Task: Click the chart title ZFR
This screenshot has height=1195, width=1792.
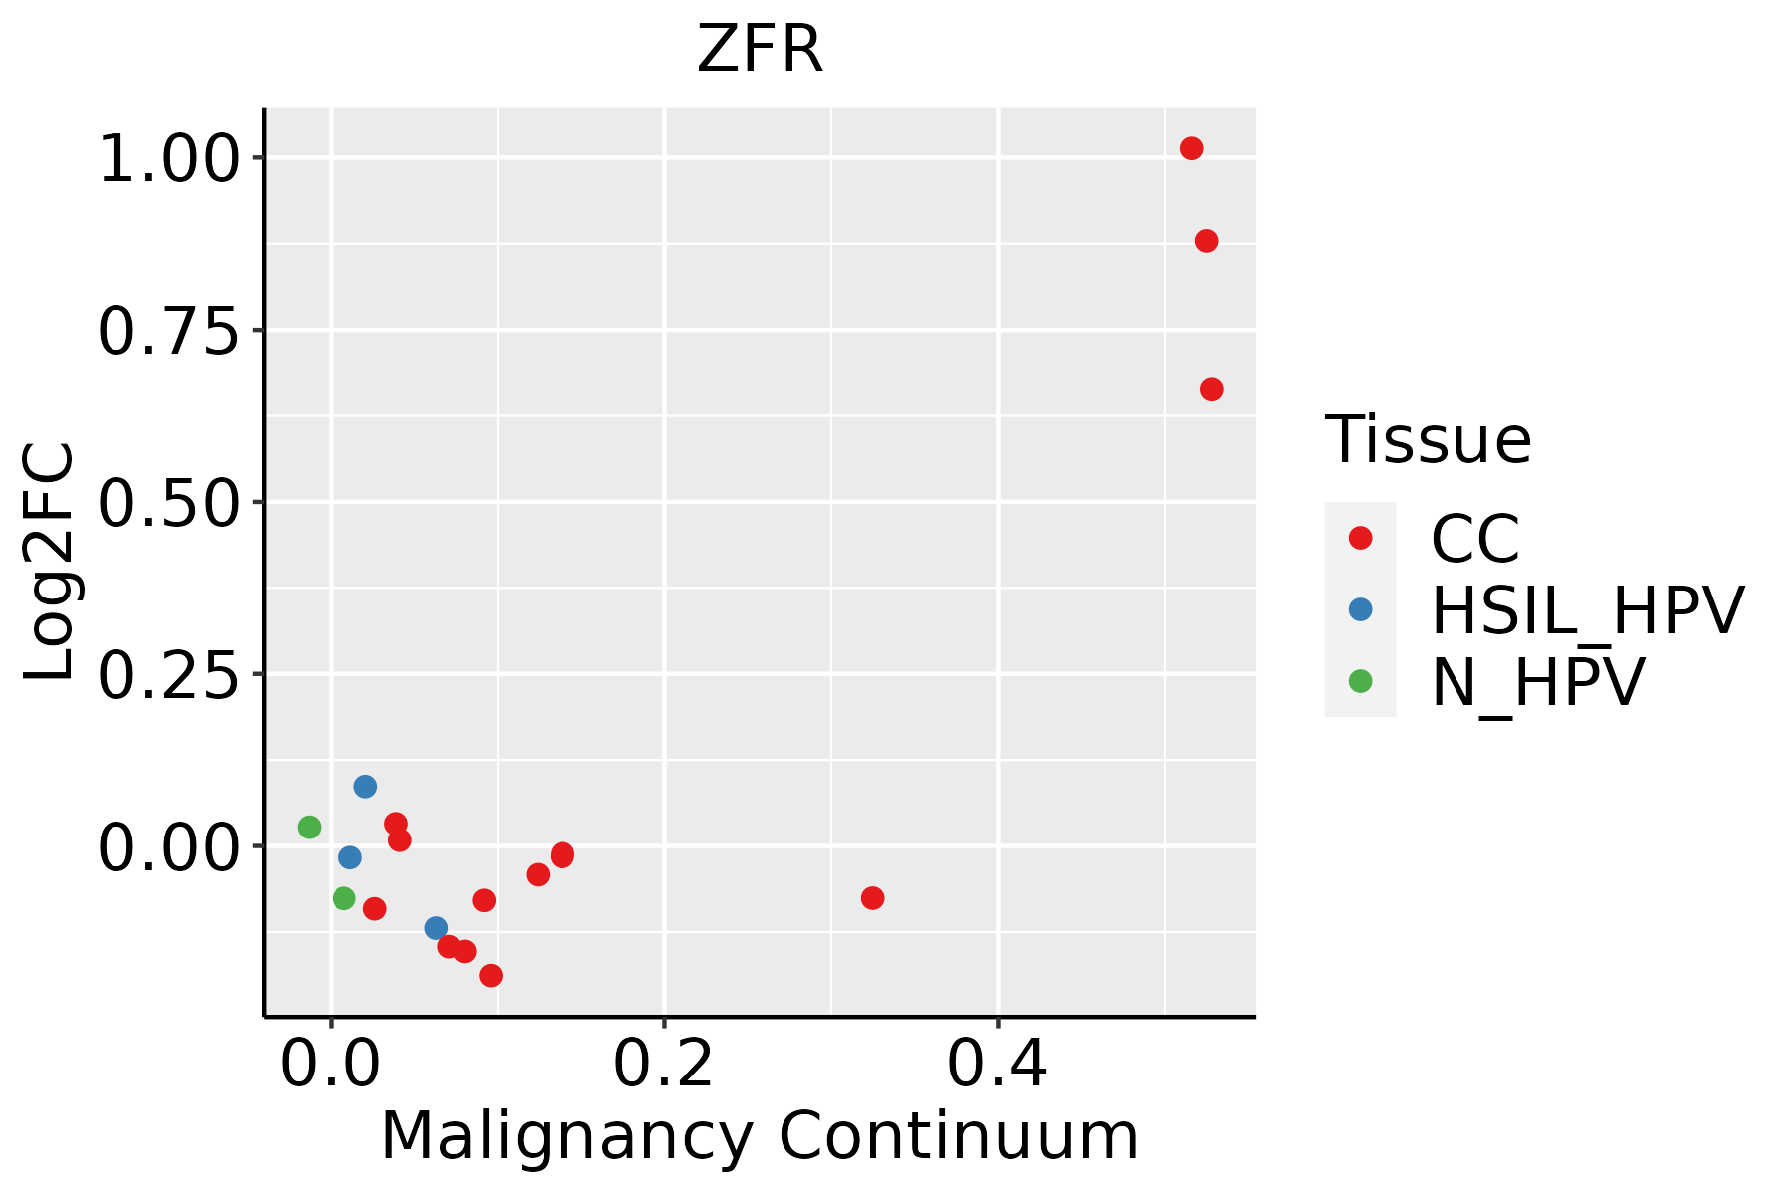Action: (x=760, y=50)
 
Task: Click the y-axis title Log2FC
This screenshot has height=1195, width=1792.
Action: (x=50, y=563)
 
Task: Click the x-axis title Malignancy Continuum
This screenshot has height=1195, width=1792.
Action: (x=760, y=1137)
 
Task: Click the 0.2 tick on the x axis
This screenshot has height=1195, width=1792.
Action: (x=663, y=1065)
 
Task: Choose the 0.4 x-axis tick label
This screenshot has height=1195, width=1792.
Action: (x=997, y=1065)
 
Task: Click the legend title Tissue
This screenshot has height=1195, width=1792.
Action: (x=1428, y=440)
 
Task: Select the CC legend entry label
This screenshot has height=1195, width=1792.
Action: (x=1475, y=539)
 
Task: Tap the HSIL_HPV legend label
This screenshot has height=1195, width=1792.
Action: (x=1587, y=610)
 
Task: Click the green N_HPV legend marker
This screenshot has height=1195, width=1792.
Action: (x=1360, y=681)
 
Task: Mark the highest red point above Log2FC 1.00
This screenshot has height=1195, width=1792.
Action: (x=1191, y=148)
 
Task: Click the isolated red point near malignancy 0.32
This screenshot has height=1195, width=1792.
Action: (x=872, y=898)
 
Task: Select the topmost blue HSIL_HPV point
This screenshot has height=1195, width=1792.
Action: (x=365, y=787)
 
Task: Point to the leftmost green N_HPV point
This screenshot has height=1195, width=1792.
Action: (x=309, y=827)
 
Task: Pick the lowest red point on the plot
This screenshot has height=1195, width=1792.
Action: (x=491, y=975)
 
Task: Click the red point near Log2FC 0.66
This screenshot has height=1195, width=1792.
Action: (x=1211, y=389)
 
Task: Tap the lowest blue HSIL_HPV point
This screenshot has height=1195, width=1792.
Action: (x=436, y=928)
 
